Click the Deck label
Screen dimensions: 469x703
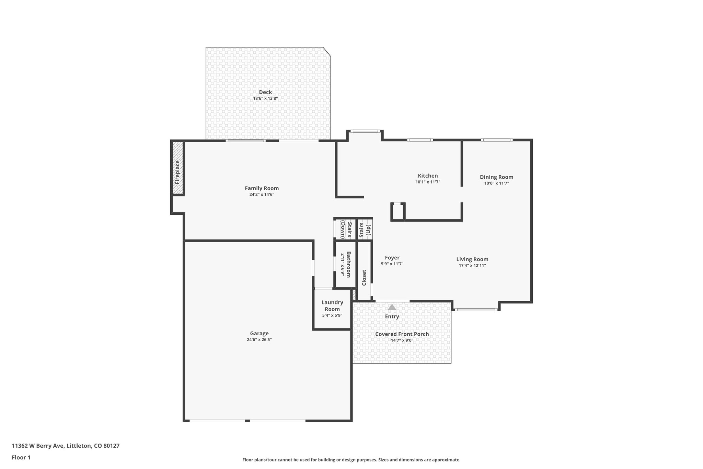click(x=265, y=92)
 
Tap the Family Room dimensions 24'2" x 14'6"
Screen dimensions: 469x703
click(x=262, y=194)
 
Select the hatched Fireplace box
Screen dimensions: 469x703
click(x=177, y=168)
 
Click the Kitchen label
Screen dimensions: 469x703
click(x=427, y=176)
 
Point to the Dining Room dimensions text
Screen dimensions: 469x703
click(x=496, y=183)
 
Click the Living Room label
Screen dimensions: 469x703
click(x=472, y=259)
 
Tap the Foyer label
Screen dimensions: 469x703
click(x=392, y=258)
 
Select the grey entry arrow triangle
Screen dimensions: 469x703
click(x=392, y=307)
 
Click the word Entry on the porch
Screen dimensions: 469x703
click(x=392, y=316)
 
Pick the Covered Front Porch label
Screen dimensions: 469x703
click(x=402, y=334)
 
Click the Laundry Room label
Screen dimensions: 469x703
click(x=332, y=305)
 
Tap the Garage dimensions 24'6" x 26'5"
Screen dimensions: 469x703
click(x=259, y=339)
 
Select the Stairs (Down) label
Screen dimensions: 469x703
click(x=346, y=230)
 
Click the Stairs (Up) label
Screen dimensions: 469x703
click(x=365, y=230)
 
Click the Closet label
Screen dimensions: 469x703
click(x=364, y=277)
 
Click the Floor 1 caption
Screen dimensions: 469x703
click(x=21, y=457)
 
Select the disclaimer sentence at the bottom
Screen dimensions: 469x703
click(x=351, y=460)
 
